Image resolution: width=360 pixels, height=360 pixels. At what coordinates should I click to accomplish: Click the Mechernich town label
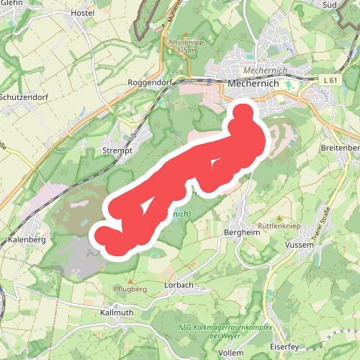248,84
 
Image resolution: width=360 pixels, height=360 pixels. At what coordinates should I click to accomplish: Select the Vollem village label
230,354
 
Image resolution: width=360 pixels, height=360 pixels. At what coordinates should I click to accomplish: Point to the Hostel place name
84,13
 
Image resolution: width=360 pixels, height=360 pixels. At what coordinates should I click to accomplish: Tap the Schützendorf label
24,96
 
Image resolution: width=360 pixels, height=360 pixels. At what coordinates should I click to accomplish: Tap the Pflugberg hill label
130,289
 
